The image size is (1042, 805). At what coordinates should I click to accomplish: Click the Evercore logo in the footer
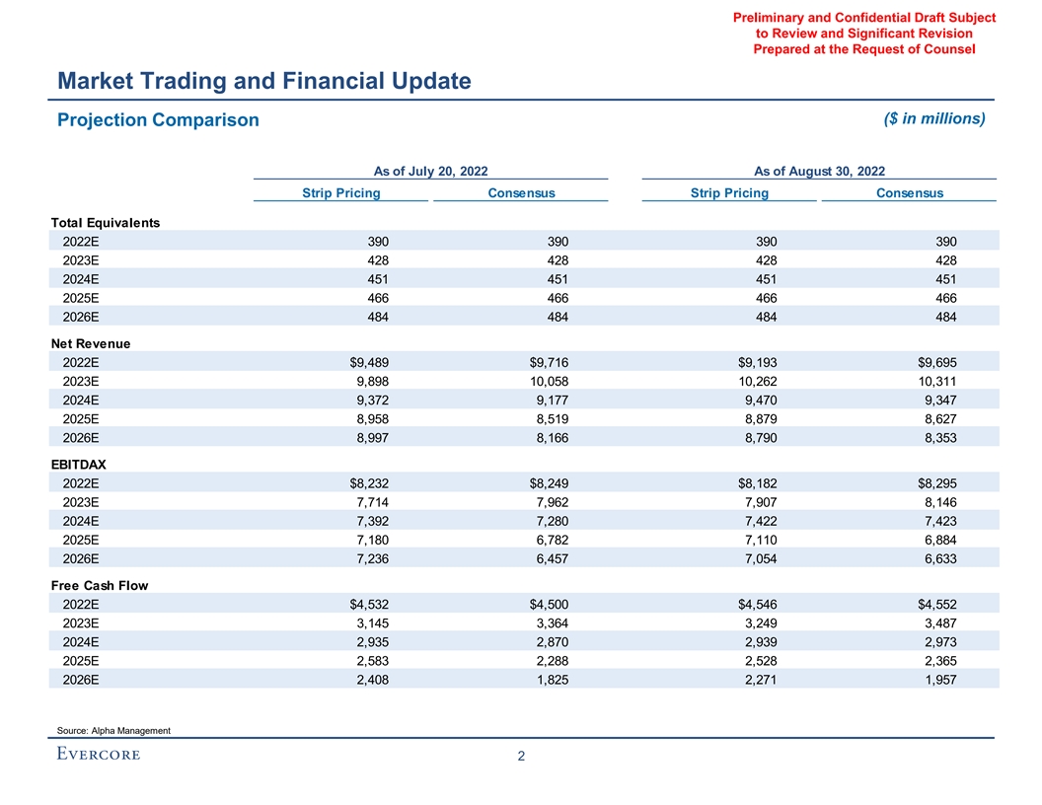97,755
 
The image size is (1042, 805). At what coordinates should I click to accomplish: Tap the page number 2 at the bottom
521,757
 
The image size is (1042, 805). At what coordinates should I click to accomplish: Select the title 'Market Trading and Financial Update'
263,81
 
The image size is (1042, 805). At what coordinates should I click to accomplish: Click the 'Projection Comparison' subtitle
158,120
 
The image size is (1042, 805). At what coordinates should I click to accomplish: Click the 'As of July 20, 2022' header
430,171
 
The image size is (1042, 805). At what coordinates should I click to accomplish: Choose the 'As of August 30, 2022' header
819,171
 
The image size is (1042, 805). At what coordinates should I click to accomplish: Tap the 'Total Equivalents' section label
106,222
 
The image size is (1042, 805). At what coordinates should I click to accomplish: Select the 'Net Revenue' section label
91,343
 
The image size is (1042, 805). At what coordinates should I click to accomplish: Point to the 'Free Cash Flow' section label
100,585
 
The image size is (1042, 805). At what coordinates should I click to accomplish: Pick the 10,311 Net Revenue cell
935,382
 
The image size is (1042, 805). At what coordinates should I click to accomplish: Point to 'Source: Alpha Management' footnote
113,730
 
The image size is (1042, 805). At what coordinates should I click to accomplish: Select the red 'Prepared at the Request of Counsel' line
863,49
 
